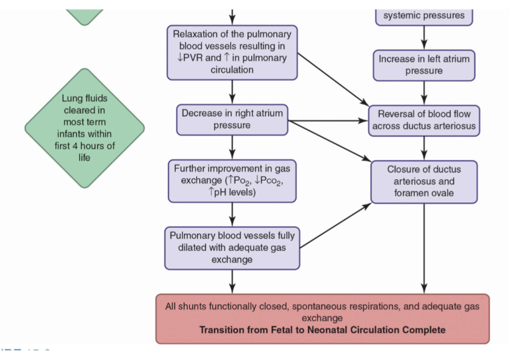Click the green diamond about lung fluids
pyautogui.click(x=85, y=128)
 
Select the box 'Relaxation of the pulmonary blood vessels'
pyautogui.click(x=232, y=52)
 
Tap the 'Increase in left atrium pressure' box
pyautogui.click(x=424, y=65)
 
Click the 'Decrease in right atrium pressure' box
pyautogui.click(x=232, y=119)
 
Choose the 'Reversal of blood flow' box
pyautogui.click(x=424, y=120)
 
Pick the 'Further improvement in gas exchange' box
pyautogui.click(x=232, y=180)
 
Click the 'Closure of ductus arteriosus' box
pyautogui.click(x=424, y=182)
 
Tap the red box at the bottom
pyautogui.click(x=322, y=318)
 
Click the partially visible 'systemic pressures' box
pyautogui.click(x=424, y=15)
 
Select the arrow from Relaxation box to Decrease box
pyautogui.click(x=232, y=91)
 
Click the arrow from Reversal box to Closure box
pyautogui.click(x=424, y=148)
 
